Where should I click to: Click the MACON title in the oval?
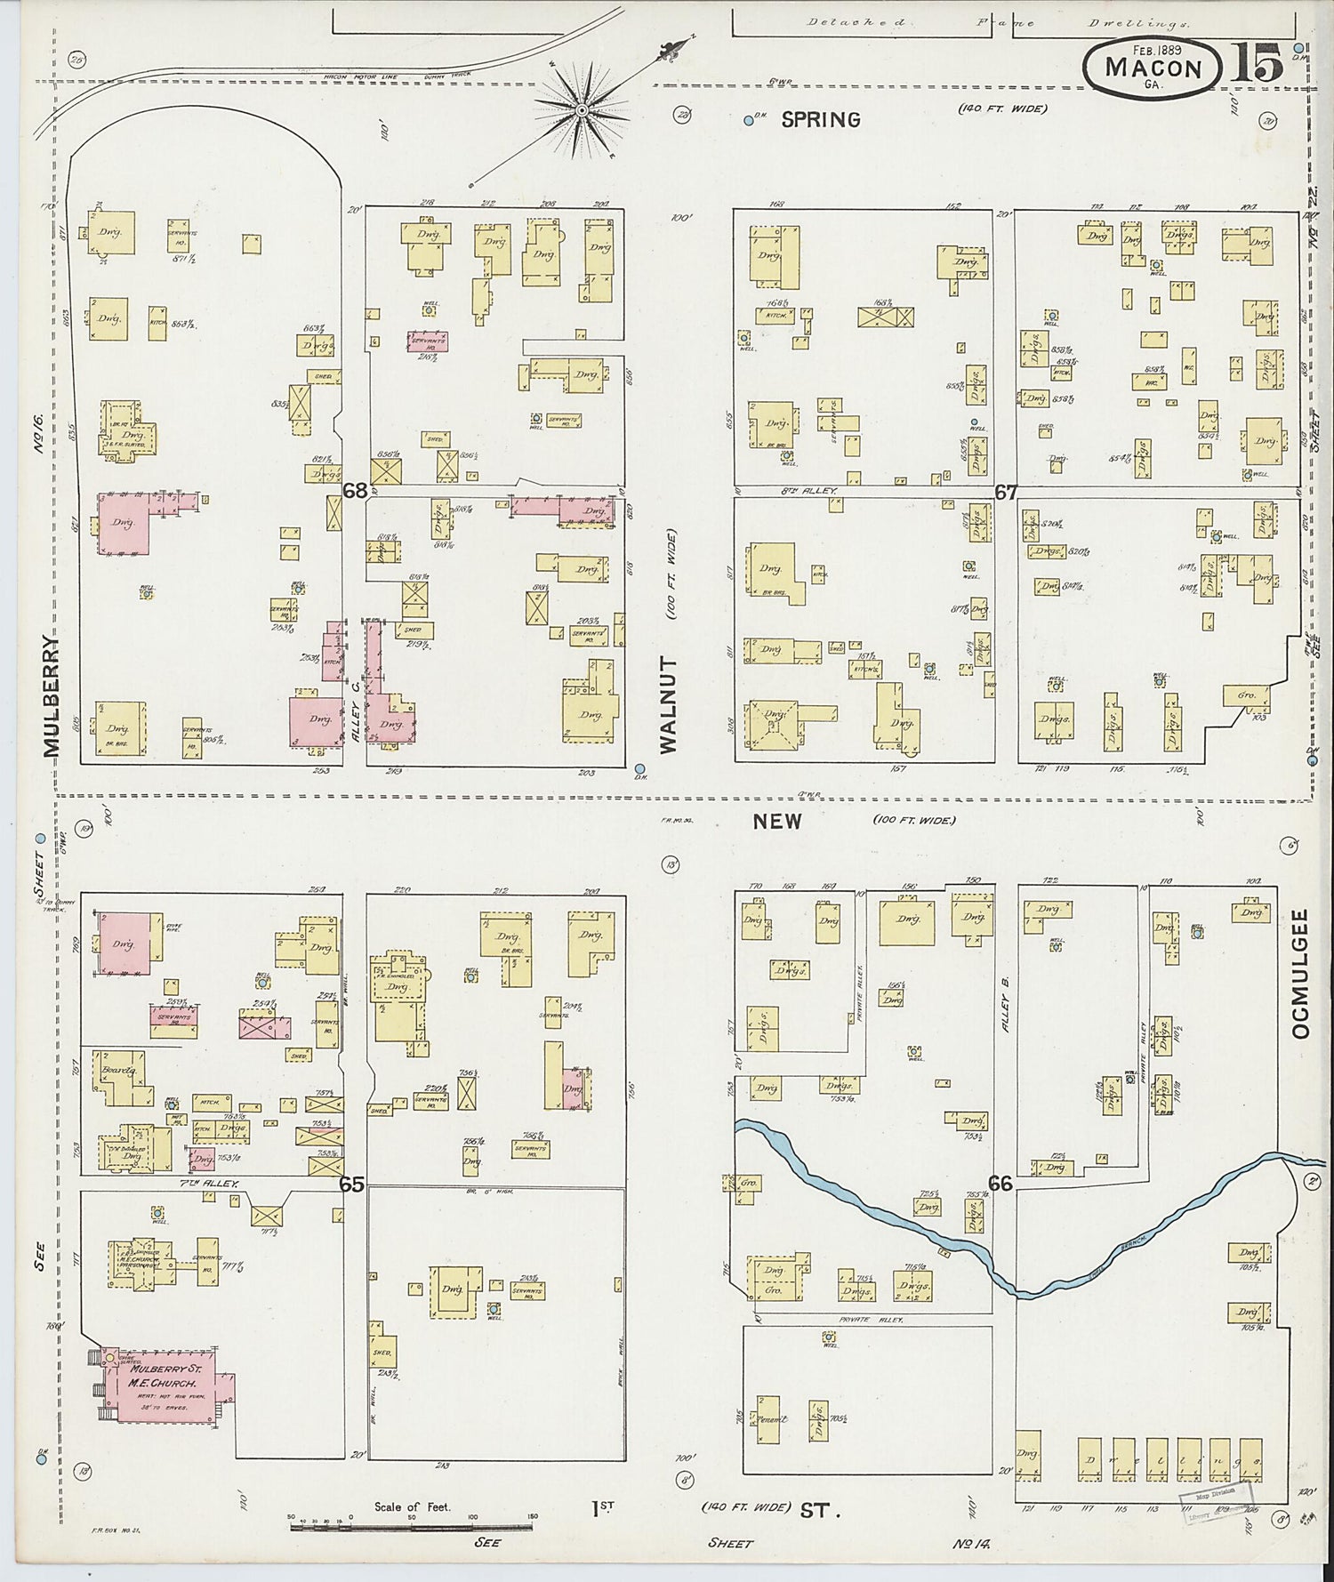1153,68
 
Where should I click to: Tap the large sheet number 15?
1257,63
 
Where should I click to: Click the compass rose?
582,110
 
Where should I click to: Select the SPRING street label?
820,119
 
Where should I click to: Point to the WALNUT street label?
668,704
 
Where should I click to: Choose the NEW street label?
777,821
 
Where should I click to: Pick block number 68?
355,490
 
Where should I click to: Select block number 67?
1005,492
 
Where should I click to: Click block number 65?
351,1184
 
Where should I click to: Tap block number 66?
1000,1183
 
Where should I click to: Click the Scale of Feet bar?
411,1526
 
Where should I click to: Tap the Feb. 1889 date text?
1155,50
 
